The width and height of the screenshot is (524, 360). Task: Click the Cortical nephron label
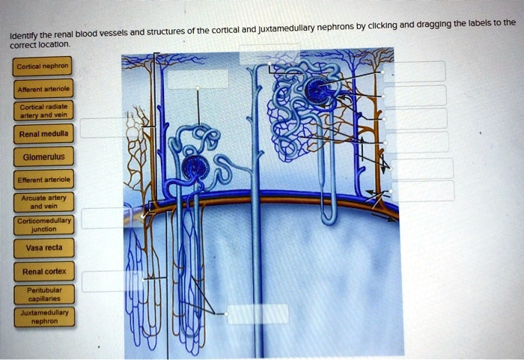coord(43,65)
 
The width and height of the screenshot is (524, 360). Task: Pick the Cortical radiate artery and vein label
coord(43,112)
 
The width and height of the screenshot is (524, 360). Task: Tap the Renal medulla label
coord(43,135)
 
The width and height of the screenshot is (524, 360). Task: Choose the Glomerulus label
coord(43,157)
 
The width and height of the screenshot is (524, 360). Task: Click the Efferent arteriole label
coord(43,180)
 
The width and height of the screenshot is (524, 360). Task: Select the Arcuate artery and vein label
coord(43,203)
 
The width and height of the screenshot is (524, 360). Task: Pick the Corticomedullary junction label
coord(43,225)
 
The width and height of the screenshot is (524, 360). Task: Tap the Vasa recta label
coord(43,248)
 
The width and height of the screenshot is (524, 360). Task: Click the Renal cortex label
coord(43,272)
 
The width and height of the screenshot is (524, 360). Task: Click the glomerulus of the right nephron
coord(318,92)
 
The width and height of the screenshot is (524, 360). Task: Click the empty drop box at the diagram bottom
coord(258,314)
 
